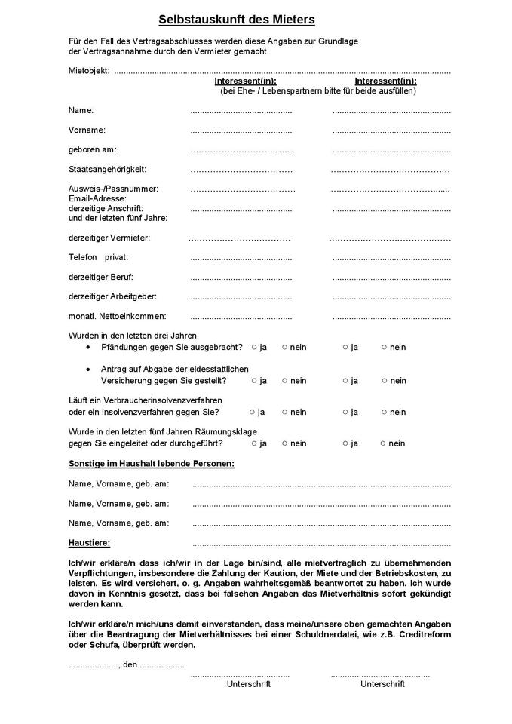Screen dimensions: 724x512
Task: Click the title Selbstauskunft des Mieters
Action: click(237, 20)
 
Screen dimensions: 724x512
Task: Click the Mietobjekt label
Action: click(88, 71)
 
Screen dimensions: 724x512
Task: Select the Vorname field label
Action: click(87, 130)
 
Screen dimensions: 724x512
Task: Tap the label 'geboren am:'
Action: click(92, 149)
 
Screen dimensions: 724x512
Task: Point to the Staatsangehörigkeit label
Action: click(107, 169)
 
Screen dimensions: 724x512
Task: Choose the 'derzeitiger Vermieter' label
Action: click(109, 238)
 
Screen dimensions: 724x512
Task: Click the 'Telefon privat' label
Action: click(97, 257)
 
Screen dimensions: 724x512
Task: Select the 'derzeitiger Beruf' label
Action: click(100, 277)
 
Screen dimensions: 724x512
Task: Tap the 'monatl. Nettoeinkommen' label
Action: click(117, 316)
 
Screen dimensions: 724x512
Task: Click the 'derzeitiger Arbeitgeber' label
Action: click(112, 296)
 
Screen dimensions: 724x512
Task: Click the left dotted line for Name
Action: click(241, 112)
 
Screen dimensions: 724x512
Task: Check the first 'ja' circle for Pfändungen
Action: click(254, 347)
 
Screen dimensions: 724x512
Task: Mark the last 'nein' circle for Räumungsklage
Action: click(383, 443)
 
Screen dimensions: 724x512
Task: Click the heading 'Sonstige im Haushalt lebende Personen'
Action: click(151, 462)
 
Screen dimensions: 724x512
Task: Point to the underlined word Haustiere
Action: click(89, 542)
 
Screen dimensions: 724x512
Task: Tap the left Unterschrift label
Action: click(248, 684)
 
